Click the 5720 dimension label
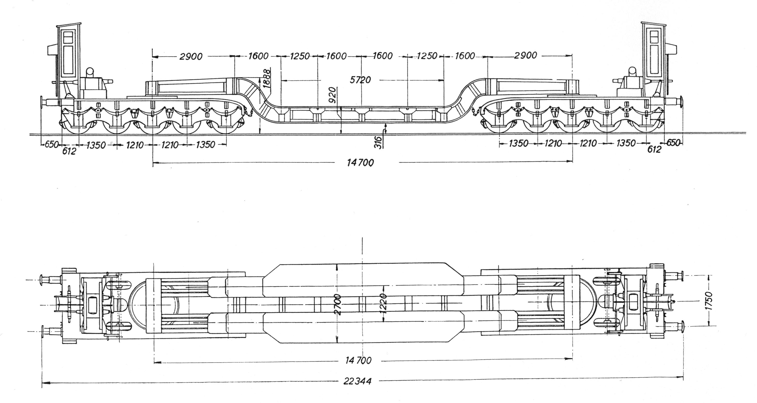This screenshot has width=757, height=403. (361, 80)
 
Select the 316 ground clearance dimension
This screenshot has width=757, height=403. (379, 143)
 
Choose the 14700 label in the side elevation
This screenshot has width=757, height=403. (360, 162)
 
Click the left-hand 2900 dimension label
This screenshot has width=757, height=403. (191, 56)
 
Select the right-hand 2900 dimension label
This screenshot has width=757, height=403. (525, 55)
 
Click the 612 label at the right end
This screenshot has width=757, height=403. (654, 150)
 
